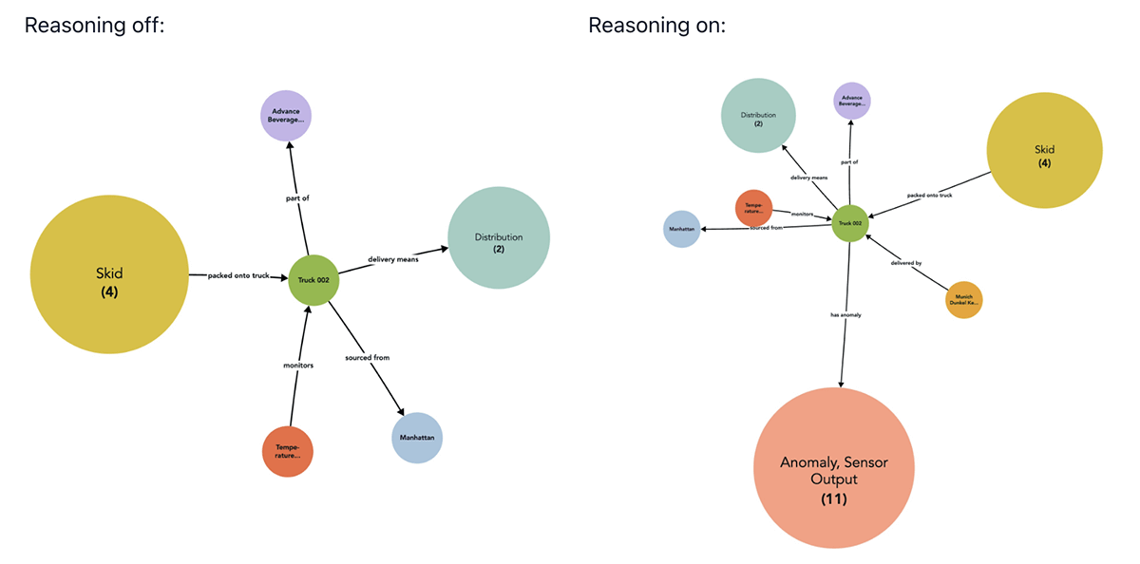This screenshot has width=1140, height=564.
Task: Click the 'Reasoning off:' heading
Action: click(x=94, y=26)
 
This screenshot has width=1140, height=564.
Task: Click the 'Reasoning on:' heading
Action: click(x=656, y=26)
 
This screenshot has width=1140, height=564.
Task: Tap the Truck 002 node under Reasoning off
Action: click(x=313, y=280)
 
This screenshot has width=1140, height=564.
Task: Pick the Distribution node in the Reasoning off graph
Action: click(x=499, y=237)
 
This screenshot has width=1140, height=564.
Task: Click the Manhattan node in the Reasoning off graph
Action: click(x=417, y=438)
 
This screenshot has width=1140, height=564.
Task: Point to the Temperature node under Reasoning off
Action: click(x=288, y=451)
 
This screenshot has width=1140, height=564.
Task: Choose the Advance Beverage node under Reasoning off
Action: click(x=286, y=116)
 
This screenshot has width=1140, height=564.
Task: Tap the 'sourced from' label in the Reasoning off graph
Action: click(x=368, y=357)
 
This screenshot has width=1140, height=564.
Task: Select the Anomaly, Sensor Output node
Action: click(x=833, y=468)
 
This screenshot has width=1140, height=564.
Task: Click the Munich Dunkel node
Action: click(x=963, y=300)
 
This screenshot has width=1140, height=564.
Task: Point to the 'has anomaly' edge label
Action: click(x=845, y=314)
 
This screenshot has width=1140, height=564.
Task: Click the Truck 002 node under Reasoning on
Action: click(x=850, y=224)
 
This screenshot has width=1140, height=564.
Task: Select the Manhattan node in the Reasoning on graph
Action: click(x=681, y=229)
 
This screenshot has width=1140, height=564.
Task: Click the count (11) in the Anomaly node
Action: click(x=833, y=498)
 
